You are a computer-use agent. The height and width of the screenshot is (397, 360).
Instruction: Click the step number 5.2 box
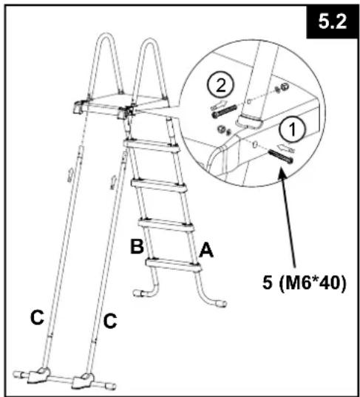point(332,21)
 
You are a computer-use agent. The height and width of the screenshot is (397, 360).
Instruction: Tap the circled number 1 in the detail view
point(292,129)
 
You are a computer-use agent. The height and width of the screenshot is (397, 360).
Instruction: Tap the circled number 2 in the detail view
point(221,85)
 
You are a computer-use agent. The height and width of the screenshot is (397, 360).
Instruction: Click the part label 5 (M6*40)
point(304,283)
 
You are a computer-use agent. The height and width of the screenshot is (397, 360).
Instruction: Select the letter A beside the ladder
point(206,250)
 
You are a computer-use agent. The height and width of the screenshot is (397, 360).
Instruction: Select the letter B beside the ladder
point(137,246)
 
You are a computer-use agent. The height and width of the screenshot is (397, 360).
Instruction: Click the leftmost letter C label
point(37,317)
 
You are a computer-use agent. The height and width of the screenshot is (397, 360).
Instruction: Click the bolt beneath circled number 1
point(281,156)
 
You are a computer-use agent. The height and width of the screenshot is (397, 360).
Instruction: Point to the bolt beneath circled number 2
point(224,111)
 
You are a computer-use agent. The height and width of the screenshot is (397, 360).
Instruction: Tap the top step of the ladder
point(152,146)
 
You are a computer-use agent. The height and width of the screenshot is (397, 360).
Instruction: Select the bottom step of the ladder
point(173,265)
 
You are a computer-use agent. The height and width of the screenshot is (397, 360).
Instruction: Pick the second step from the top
point(159,185)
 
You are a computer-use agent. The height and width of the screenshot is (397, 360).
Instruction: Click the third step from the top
point(166,225)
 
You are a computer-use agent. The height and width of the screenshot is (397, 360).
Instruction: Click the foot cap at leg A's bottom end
point(221,303)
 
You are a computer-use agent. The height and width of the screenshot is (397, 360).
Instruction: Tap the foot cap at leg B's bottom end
point(138,293)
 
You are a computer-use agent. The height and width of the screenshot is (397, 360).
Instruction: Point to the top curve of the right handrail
point(150,41)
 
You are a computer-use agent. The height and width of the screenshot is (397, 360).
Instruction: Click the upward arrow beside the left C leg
point(70,174)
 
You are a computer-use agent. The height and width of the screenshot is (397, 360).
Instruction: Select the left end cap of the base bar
point(18,374)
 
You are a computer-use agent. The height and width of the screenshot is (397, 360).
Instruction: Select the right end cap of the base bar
point(110,386)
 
